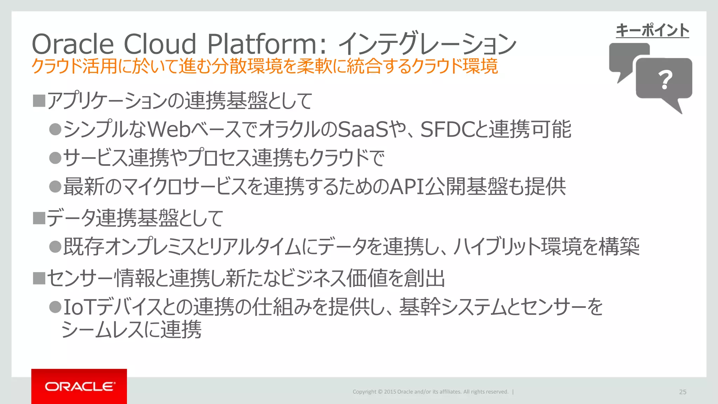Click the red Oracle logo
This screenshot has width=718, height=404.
79,386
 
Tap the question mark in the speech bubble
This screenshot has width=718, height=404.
665,80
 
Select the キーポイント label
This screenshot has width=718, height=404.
652,30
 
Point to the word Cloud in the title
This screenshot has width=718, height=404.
160,44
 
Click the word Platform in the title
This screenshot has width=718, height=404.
262,44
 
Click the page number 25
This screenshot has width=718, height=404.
683,392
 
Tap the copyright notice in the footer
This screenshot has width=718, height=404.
431,392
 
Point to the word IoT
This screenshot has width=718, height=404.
78,307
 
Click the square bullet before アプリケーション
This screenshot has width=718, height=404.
39,101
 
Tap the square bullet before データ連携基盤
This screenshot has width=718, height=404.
39,218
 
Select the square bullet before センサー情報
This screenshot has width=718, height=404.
39,278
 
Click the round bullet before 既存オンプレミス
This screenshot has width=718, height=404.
55,247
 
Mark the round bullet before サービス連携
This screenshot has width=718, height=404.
55,158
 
